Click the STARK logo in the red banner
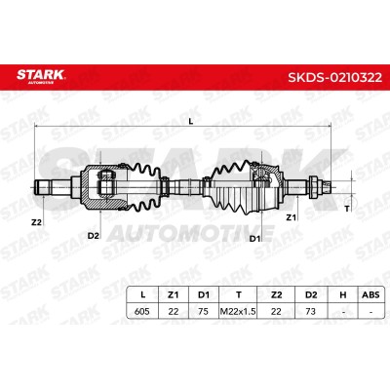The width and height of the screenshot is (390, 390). (40, 76)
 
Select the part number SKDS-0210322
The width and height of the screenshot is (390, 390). (335, 77)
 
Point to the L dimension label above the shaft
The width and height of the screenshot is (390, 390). (191, 122)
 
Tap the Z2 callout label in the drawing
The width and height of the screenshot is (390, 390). (36, 222)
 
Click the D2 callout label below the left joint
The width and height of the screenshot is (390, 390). (93, 236)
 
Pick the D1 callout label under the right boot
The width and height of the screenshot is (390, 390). (255, 239)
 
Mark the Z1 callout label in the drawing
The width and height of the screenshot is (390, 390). (292, 217)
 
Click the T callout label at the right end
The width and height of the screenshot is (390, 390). (347, 209)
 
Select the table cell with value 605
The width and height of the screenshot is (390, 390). (142, 311)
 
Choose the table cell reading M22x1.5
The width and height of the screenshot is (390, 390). (238, 311)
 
